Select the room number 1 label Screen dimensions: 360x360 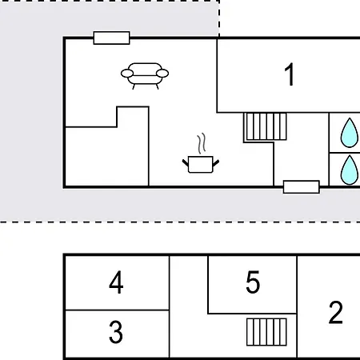(290, 74)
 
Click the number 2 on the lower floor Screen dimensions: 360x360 (335, 312)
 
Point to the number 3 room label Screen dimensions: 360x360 (116, 332)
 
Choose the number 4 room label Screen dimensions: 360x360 (116, 282)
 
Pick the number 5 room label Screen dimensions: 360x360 (253, 282)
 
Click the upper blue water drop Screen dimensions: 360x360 (350, 133)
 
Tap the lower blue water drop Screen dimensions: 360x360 (350, 170)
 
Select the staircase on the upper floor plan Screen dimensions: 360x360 (266, 126)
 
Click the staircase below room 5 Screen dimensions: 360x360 (266, 332)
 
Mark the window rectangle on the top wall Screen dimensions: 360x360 (112, 38)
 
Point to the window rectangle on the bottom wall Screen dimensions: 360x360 (302, 187)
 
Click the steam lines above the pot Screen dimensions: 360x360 (202, 143)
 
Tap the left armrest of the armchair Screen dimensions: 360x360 (127, 73)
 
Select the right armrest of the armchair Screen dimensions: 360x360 (162, 73)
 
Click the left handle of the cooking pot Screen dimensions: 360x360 (186, 162)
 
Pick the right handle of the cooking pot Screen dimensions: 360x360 (216, 162)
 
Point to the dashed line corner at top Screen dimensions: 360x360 (219, 1)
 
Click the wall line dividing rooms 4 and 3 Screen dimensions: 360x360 (117, 310)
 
